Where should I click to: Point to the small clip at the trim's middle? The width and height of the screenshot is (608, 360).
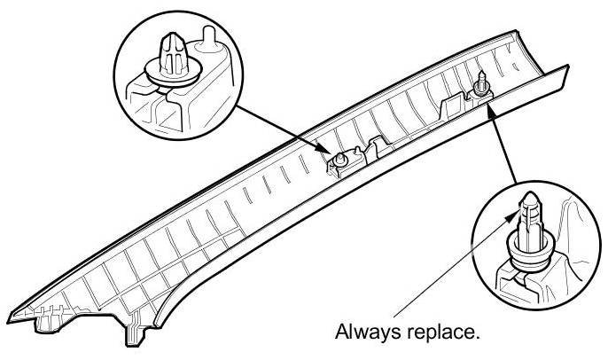pyautogui.click(x=339, y=160)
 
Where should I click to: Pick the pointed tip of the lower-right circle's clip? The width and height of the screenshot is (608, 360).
pyautogui.click(x=528, y=195)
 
